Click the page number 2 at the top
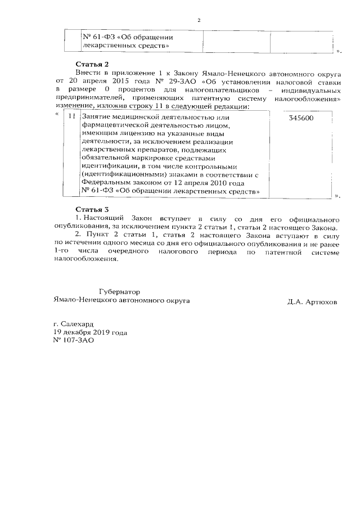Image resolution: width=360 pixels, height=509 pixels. tap(199, 21)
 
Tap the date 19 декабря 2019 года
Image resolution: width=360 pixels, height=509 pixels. tap(89, 332)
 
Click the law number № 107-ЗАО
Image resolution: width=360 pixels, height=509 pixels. tap(71, 340)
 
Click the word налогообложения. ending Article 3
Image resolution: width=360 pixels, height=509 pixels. tap(85, 260)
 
